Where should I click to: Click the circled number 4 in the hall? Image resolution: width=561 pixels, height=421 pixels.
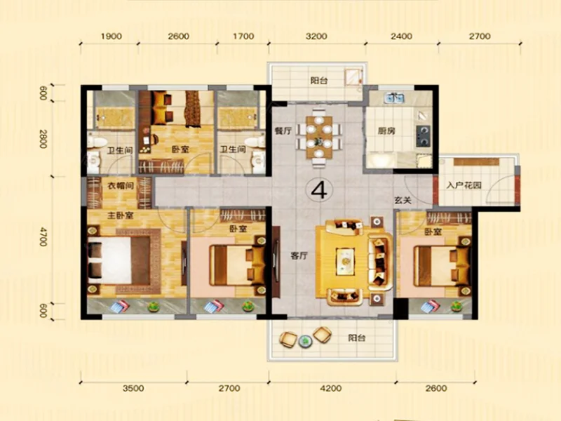[319, 189]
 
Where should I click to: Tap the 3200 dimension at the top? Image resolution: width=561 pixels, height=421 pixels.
[317, 36]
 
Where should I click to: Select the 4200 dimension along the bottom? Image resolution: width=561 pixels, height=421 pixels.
[331, 388]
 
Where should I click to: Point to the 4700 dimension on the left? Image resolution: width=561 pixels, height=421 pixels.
[43, 236]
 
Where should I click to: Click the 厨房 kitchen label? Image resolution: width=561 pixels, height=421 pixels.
[386, 131]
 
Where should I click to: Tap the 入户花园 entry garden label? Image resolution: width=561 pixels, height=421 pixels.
[464, 185]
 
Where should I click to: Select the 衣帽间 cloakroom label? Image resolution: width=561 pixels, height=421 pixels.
[121, 185]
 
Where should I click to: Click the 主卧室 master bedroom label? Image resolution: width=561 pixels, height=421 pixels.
[121, 215]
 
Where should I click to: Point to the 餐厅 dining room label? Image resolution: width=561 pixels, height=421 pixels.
[283, 131]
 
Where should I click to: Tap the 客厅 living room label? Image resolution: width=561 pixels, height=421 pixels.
[299, 256]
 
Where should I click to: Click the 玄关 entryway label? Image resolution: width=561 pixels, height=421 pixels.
[403, 201]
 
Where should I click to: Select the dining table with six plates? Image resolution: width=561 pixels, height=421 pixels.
[319, 138]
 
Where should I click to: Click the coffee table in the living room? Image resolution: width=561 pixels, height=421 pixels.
[345, 262]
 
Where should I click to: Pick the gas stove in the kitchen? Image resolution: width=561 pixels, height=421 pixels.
[424, 135]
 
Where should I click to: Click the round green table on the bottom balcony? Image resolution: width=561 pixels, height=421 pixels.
[305, 341]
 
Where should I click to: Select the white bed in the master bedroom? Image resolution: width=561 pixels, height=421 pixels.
[109, 260]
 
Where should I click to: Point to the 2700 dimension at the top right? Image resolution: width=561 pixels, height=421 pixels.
[480, 36]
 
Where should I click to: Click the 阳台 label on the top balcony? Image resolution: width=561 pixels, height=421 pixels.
[319, 81]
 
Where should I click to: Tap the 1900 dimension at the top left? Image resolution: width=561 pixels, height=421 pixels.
[111, 36]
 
